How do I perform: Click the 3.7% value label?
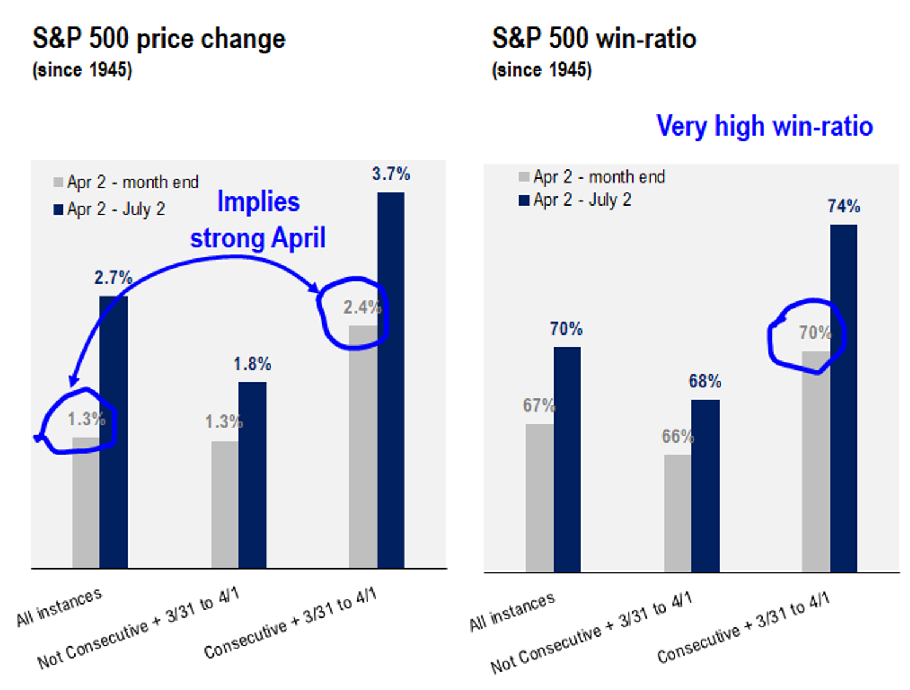pyautogui.click(x=391, y=174)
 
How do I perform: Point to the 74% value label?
pyautogui.click(x=843, y=206)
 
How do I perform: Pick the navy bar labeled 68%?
pyautogui.click(x=705, y=485)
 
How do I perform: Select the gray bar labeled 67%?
pyautogui.click(x=539, y=497)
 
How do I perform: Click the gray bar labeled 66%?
pyautogui.click(x=678, y=513)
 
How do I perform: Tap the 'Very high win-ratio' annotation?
pyautogui.click(x=764, y=126)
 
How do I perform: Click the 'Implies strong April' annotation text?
pyautogui.click(x=258, y=220)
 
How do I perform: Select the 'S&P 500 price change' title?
pyautogui.click(x=159, y=39)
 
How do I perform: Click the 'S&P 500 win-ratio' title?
pyautogui.click(x=594, y=39)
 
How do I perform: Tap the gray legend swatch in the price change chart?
pyautogui.click(x=58, y=182)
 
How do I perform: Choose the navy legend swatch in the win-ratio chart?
pyautogui.click(x=524, y=200)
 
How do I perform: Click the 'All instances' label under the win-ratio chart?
pyautogui.click(x=512, y=611)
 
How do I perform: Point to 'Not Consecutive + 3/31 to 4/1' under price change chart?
pyautogui.click(x=138, y=627)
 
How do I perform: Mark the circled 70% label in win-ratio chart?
pyautogui.click(x=814, y=333)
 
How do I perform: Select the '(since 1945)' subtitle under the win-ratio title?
pyautogui.click(x=542, y=70)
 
